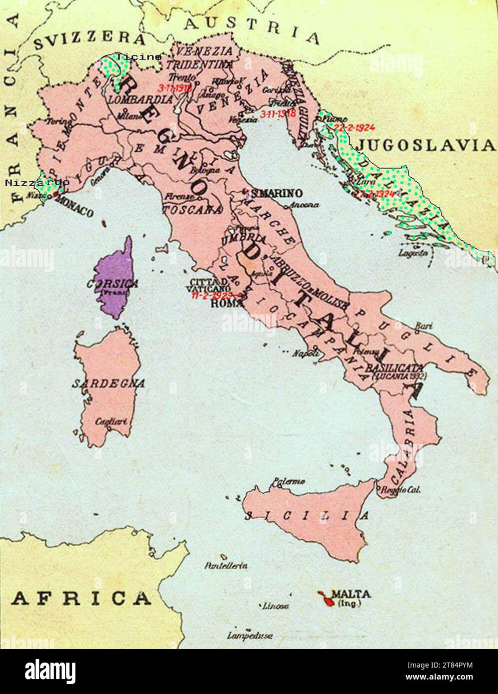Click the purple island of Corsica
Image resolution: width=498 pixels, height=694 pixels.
(115, 280)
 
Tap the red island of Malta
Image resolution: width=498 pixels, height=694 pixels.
(327, 598)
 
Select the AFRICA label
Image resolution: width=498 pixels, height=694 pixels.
(81, 598)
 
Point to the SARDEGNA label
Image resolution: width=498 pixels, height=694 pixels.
(108, 383)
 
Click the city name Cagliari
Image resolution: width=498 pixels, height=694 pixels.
(111, 421)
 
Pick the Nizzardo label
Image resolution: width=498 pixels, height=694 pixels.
(37, 183)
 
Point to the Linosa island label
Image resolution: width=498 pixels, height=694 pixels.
(276, 606)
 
